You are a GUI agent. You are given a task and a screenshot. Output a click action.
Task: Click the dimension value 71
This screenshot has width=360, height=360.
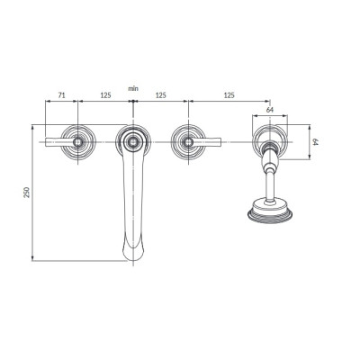point(61,95)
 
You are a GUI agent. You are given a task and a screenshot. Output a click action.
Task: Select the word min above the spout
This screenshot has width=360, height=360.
point(133,88)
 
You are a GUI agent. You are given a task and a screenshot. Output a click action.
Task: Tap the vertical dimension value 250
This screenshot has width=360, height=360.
point(27,193)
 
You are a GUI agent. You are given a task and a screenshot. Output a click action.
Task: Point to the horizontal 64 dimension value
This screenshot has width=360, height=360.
point(270,110)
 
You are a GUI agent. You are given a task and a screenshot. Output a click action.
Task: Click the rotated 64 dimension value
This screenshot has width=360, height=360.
point(315,142)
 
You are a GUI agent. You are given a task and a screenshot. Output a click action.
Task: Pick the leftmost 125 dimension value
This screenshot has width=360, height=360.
point(105,95)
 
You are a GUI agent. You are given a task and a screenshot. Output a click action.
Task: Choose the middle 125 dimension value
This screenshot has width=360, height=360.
point(160,95)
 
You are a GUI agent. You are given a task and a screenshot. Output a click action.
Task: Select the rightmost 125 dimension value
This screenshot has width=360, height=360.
point(229,95)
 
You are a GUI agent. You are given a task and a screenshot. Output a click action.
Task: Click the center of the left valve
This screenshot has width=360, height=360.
point(78,141)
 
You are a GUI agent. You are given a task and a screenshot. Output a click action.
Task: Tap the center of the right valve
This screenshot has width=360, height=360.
point(188,141)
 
